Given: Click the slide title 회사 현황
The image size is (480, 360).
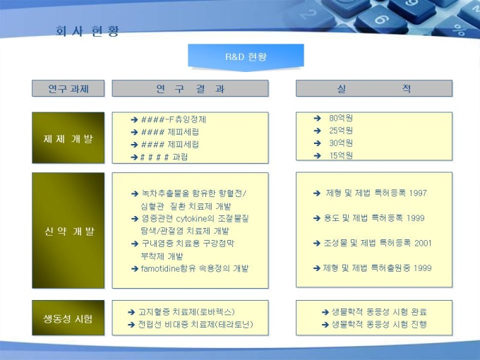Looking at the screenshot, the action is pos(88,31).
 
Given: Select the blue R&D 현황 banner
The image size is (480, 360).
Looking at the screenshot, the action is pos(246,57).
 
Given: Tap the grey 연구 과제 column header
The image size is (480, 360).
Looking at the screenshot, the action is pos(68,88).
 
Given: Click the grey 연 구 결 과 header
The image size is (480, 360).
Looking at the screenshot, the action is pos(190,88).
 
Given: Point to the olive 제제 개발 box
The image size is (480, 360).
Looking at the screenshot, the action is pos(68,138).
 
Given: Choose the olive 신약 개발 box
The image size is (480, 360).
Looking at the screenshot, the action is pos(68,231).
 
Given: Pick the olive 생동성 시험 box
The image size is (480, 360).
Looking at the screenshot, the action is pos(68,318).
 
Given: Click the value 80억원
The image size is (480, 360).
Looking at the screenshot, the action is pos(341,118).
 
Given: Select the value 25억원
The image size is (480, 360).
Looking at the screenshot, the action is pos(341,131).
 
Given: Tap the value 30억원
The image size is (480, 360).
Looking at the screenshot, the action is pos(341,143).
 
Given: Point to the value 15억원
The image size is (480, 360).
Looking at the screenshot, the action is pos(341,155).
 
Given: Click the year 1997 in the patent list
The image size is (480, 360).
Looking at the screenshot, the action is pos(418,193).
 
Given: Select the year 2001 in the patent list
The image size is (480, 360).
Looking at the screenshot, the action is pos(423,243).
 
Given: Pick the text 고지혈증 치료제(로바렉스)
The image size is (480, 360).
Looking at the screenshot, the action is pos(186,312).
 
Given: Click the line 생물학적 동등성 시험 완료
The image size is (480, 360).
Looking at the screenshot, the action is pos(379,312).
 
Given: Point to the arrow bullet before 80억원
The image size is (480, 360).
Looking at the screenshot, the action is pos(318,118).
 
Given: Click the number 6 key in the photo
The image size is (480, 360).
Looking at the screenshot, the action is pos(382,20).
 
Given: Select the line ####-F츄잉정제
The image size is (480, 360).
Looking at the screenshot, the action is pos(174,119).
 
